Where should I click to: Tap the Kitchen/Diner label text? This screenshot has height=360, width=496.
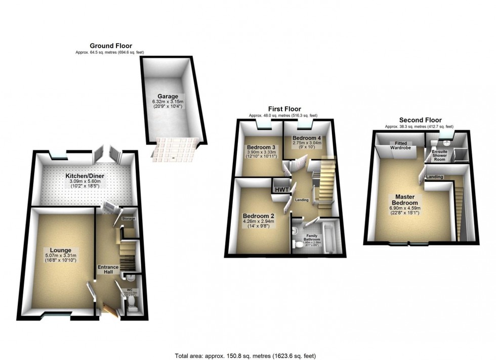tap(85, 175)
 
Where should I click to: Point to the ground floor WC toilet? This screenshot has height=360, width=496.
tap(131, 303)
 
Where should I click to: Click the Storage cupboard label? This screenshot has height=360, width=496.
tap(129, 218)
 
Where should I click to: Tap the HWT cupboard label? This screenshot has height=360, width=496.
tap(280, 189)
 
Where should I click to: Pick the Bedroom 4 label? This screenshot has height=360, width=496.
tap(307, 138)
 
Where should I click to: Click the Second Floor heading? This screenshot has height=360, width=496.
tap(419, 120)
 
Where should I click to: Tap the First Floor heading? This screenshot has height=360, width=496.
tap(284, 109)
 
